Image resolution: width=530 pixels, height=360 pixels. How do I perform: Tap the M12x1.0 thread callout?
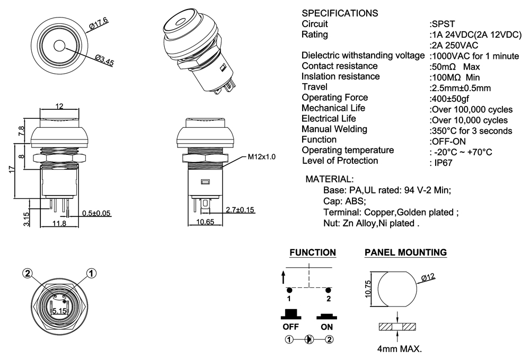262,157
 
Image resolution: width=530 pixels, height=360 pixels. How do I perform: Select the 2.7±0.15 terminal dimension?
240,210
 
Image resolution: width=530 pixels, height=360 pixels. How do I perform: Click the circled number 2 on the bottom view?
28,273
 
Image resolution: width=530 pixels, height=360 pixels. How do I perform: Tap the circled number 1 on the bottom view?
91,273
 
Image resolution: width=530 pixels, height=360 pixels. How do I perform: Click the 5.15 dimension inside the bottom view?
58,311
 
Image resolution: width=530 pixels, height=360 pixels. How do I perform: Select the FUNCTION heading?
312,253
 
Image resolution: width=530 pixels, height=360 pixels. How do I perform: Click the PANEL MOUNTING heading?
405,253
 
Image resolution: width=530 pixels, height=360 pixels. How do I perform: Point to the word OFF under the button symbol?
291,327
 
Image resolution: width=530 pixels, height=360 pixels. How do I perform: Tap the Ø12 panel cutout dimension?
428,277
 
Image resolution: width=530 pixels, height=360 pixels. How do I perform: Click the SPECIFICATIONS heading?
340,13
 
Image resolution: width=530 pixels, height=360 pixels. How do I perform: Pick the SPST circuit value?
441,24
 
